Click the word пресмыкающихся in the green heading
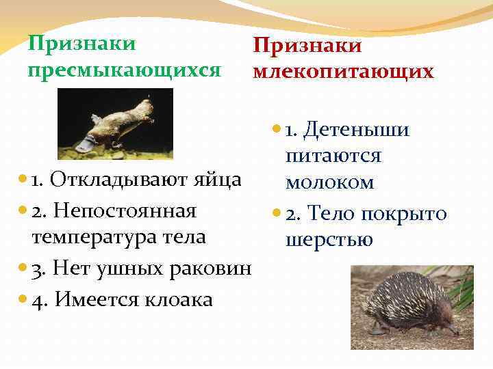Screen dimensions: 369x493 point(123,70)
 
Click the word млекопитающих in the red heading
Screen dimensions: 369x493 point(343,72)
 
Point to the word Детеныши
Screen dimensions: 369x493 point(355,129)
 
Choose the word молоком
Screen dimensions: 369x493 point(330,182)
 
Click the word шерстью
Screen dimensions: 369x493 point(329,240)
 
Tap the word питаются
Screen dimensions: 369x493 point(333,156)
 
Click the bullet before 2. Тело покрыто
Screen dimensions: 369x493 point(275,214)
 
